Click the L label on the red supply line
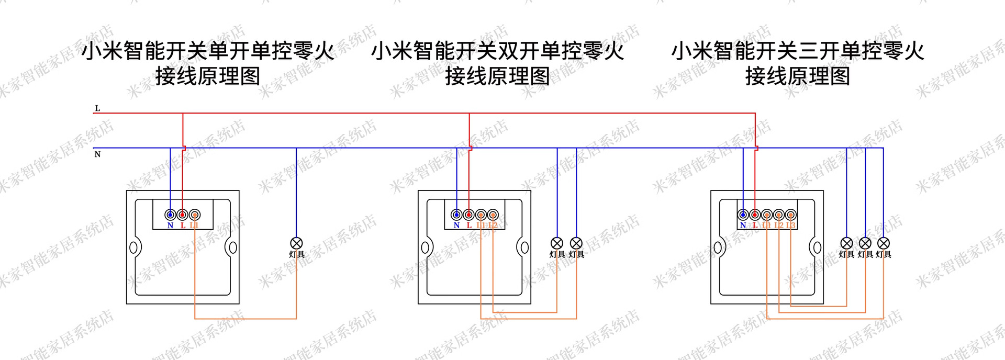click(x=97, y=108)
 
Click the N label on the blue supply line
click(x=97, y=154)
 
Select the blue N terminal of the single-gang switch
click(x=170, y=215)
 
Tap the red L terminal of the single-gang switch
click(x=183, y=215)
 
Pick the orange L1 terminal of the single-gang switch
click(x=195, y=215)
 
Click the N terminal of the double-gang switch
click(x=456, y=215)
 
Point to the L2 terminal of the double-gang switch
click(x=493, y=215)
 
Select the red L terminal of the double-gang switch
click(x=469, y=215)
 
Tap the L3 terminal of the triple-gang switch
click(x=791, y=215)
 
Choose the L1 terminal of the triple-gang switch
click(x=767, y=215)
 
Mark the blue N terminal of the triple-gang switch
click(x=743, y=215)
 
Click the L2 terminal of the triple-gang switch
click(x=779, y=215)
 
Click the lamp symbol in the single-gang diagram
click(x=296, y=243)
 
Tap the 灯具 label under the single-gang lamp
click(x=297, y=254)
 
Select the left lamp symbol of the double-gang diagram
click(x=557, y=243)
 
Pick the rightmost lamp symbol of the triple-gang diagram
click(x=884, y=243)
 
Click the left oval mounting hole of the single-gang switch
click(x=134, y=247)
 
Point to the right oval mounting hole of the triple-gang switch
click(x=816, y=247)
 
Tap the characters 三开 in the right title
click(x=819, y=51)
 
